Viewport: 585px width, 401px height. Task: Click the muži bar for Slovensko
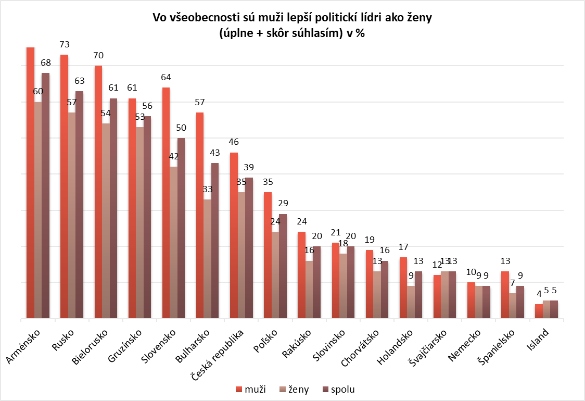[167, 203]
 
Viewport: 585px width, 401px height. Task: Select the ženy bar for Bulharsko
[208, 259]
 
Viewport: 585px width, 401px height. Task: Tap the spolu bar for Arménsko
[46, 195]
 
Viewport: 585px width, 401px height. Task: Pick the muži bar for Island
[539, 311]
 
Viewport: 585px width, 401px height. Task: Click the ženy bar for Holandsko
[411, 302]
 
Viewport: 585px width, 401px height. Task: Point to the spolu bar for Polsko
[283, 266]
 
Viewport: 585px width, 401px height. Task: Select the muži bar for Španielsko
[505, 295]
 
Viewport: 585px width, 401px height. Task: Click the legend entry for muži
[251, 389]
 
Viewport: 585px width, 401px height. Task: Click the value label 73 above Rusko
[65, 44]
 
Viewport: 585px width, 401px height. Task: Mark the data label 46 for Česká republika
[234, 142]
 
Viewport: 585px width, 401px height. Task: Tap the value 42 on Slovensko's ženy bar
[174, 156]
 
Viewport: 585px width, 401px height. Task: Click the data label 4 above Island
[539, 294]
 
